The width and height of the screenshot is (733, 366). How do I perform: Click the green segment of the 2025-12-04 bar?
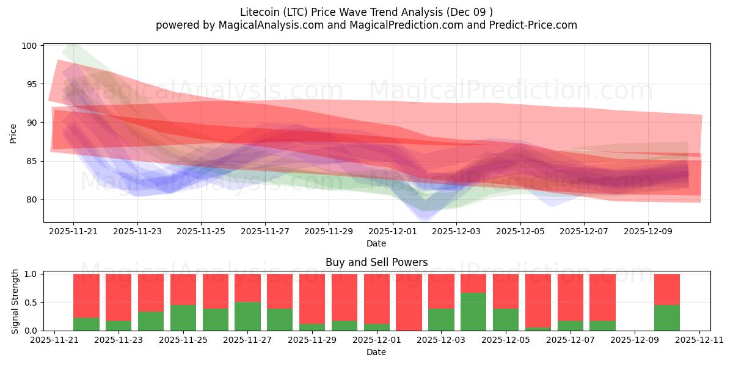coord(473,312)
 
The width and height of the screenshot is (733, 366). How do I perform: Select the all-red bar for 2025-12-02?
coord(409,302)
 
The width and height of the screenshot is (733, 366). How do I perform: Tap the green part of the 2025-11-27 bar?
coord(247,316)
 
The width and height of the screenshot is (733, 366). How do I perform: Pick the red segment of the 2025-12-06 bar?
coord(538,300)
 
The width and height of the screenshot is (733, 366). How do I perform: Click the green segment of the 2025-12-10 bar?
coord(667,317)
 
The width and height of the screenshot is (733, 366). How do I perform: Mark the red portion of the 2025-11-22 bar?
coord(86,296)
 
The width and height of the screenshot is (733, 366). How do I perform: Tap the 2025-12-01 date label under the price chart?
coord(392,232)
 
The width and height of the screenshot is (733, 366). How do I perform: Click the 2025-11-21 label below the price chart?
coord(73,232)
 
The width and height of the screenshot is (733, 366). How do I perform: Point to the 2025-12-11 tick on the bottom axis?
coord(699,340)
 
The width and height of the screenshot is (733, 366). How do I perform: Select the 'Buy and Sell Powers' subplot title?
coord(376,263)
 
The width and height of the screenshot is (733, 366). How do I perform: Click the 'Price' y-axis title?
coord(13,134)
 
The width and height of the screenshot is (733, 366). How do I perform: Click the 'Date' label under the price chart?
coord(376,243)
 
